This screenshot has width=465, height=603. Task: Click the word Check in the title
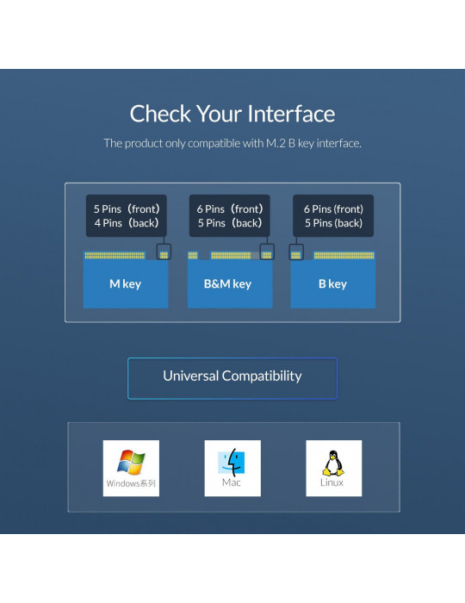[160, 114]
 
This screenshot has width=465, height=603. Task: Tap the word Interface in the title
[291, 114]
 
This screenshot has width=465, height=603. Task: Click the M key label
[125, 283]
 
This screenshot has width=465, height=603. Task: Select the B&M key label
[227, 283]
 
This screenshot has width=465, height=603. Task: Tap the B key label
[332, 283]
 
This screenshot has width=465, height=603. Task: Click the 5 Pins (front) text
[127, 208]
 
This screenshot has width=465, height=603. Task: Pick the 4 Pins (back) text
[127, 222]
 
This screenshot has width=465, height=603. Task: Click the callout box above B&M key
[229, 215]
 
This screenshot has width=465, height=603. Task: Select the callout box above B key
[333, 215]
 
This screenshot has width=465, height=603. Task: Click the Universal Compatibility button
[232, 378]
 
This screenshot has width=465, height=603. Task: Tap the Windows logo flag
[131, 463]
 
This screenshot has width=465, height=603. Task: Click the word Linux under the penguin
[332, 482]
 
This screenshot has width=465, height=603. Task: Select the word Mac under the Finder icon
[232, 482]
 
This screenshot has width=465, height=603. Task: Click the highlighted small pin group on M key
[164, 255]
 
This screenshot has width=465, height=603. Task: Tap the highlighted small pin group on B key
[295, 255]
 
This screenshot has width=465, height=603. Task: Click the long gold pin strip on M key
[115, 255]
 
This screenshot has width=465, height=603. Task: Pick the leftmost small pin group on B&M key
[193, 255]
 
